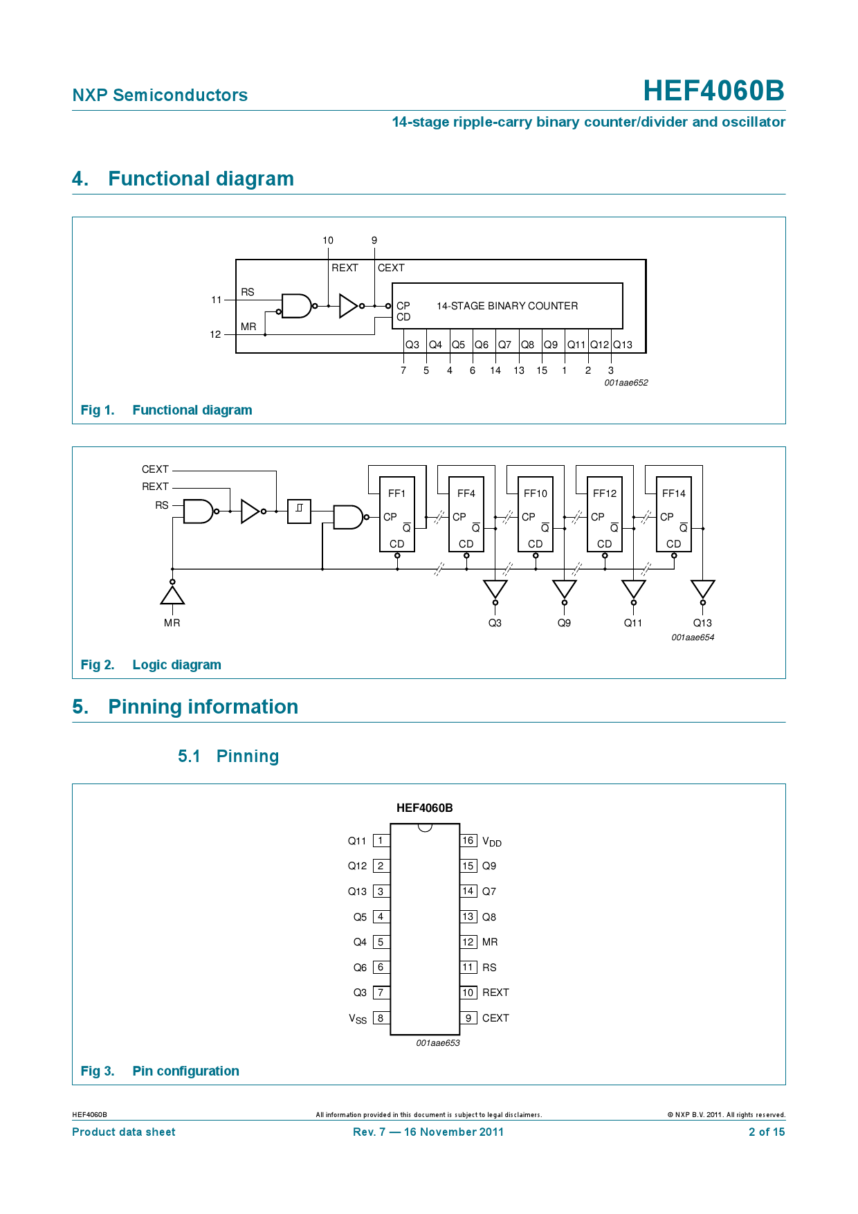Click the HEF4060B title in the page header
(713, 91)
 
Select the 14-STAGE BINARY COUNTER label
(507, 306)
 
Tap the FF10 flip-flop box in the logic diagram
(536, 514)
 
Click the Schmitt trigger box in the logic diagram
(299, 511)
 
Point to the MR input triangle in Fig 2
(172, 595)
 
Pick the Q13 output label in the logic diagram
(702, 623)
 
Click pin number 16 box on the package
(468, 840)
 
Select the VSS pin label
(358, 1019)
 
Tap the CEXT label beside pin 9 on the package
(495, 1018)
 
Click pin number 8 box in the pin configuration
(381, 1018)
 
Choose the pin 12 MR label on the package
(490, 942)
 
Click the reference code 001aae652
(626, 383)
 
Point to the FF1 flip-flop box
(397, 514)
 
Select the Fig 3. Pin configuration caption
(160, 1071)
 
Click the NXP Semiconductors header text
(160, 95)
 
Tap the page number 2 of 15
(767, 1132)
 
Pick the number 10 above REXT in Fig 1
(328, 240)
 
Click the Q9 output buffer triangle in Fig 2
(565, 589)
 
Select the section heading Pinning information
(203, 707)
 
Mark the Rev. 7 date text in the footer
(428, 1132)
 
